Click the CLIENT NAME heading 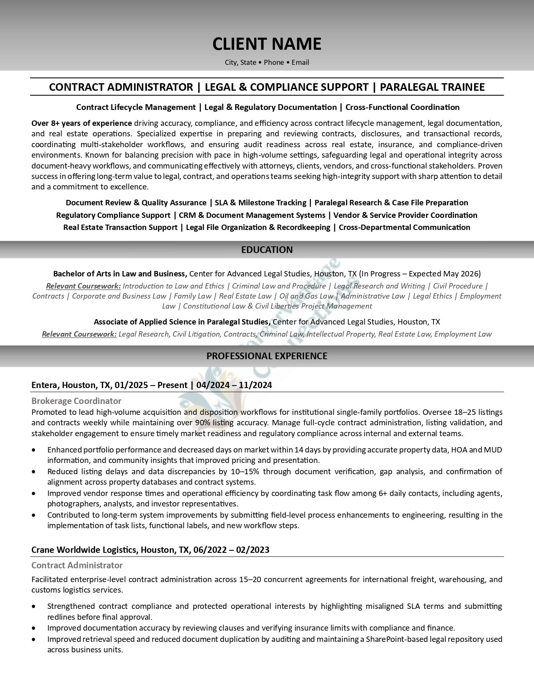tap(267, 44)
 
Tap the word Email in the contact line tap(300, 62)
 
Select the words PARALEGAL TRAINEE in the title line tap(432, 87)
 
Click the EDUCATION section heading tap(267, 250)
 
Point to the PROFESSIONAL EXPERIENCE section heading tap(267, 356)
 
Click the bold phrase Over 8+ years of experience tap(82, 123)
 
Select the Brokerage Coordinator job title tap(76, 401)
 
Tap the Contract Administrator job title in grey tap(77, 565)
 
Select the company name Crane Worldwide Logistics tap(84, 549)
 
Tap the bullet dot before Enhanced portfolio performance tap(34, 450)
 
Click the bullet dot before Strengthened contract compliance tap(34, 606)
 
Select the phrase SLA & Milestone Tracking tap(260, 203)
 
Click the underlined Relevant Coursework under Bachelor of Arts tap(83, 286)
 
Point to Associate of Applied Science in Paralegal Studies tap(181, 322)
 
